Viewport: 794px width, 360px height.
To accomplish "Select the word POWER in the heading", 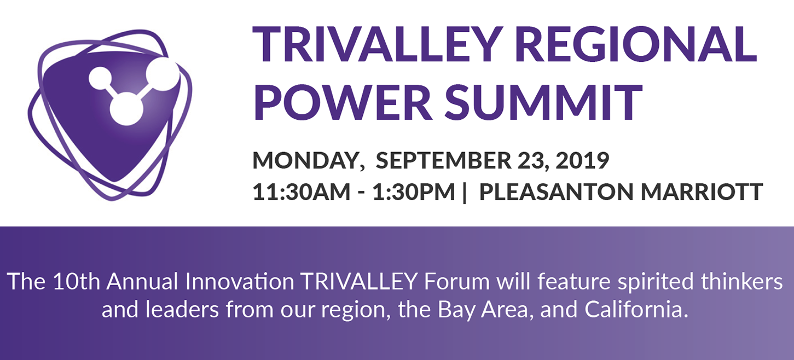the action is [x=343, y=102].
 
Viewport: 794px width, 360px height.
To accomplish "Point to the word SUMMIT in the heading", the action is [x=543, y=102].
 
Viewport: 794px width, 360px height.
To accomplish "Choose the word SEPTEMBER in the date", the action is [x=443, y=160].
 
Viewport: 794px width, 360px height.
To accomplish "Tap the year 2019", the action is [x=582, y=160].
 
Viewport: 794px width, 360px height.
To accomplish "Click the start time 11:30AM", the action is [x=302, y=191].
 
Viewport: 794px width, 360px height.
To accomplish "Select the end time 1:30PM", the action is [x=414, y=191].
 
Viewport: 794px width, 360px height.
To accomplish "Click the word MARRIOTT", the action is [x=702, y=191].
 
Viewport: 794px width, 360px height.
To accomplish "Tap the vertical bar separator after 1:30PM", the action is [x=465, y=193].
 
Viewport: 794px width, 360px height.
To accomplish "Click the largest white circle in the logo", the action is [x=163, y=74].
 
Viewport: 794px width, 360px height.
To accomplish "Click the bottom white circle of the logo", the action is [x=126, y=108].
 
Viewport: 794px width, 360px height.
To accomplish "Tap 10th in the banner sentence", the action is [x=77, y=282].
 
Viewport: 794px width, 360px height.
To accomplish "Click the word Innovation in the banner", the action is [x=240, y=282].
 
